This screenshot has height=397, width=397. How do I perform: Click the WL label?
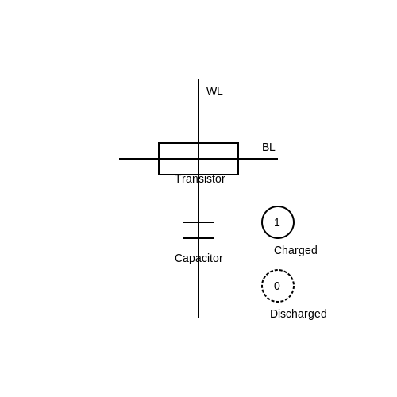214,91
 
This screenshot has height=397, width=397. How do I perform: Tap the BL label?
268,147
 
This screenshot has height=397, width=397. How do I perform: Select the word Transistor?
200,179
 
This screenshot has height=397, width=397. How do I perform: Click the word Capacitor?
198,258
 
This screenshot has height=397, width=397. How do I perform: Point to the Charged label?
295,250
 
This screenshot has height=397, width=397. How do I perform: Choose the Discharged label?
299,314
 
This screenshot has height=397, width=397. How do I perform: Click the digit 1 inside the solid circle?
277,222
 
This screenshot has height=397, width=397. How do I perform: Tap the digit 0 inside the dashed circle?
277,286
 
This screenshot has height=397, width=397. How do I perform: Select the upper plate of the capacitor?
198,222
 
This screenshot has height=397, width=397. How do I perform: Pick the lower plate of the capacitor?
198,238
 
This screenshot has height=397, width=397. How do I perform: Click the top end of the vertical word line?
198,79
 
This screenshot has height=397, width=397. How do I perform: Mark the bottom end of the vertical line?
198,318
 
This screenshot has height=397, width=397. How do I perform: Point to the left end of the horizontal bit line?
119,159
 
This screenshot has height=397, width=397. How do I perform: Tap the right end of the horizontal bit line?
278,159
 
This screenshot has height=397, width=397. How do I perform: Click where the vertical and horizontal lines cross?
198,159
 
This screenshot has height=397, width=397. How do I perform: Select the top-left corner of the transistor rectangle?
159,143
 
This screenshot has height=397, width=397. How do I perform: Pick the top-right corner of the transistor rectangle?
238,143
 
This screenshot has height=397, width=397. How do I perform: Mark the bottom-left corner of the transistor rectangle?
159,175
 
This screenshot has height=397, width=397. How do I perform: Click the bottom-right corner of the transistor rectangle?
238,175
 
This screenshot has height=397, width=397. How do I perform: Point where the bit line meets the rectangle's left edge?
159,159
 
